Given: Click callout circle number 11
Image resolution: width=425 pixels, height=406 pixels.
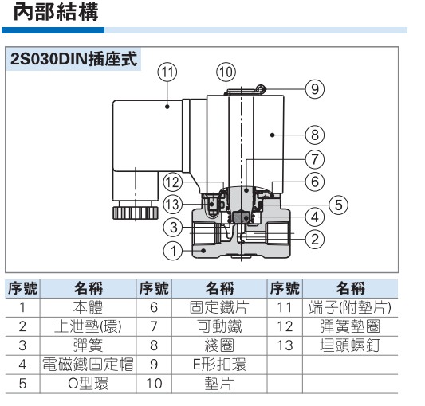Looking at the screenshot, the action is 167,72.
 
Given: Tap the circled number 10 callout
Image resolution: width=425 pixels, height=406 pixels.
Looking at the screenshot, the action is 226,72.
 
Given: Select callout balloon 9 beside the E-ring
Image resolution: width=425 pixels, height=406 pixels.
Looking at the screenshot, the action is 315,89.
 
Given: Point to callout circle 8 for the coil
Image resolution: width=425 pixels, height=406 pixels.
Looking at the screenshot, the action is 315,135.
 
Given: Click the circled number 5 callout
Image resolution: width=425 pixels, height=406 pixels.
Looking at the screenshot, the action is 339,205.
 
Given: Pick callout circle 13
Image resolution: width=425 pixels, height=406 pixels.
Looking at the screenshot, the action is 173,205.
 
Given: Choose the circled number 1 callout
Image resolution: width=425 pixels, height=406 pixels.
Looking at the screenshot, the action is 173,251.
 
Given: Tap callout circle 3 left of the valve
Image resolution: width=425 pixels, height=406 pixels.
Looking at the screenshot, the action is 173,228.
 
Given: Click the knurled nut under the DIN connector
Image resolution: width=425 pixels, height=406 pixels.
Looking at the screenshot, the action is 136,213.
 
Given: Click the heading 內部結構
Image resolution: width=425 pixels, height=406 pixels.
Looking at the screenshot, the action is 56,12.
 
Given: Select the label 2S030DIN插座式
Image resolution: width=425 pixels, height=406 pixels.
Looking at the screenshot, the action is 73,59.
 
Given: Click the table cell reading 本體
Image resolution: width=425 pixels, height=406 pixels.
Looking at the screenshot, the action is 88,307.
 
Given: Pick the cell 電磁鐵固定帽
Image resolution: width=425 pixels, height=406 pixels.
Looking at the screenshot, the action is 88,365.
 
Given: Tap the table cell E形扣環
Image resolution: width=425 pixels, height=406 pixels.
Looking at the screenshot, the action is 219,365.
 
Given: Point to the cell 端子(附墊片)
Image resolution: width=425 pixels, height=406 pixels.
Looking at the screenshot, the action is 350,307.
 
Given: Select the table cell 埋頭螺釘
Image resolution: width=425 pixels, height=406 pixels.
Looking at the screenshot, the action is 350,345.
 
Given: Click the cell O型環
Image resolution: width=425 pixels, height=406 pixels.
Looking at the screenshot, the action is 88,383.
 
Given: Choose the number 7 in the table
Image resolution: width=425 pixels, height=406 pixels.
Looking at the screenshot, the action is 154,326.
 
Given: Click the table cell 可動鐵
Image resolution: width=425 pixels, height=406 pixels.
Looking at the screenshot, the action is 219,326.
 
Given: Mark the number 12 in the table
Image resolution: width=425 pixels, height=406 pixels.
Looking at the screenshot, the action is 285,326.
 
